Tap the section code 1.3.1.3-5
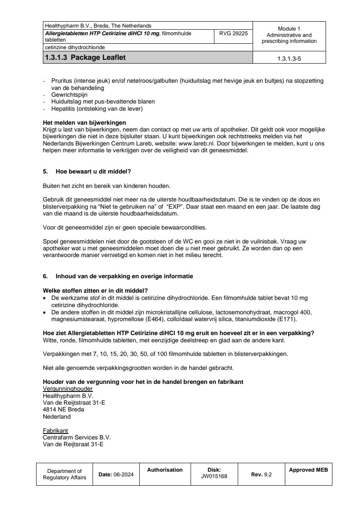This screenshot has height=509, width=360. point(289,59)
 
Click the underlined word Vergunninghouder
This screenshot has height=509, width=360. point(68,389)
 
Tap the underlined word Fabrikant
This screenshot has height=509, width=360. point(56,430)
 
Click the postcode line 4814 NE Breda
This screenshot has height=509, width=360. point(63,410)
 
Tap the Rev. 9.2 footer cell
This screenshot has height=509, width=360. point(261,475)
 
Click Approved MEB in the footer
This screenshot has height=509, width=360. point(308,470)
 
